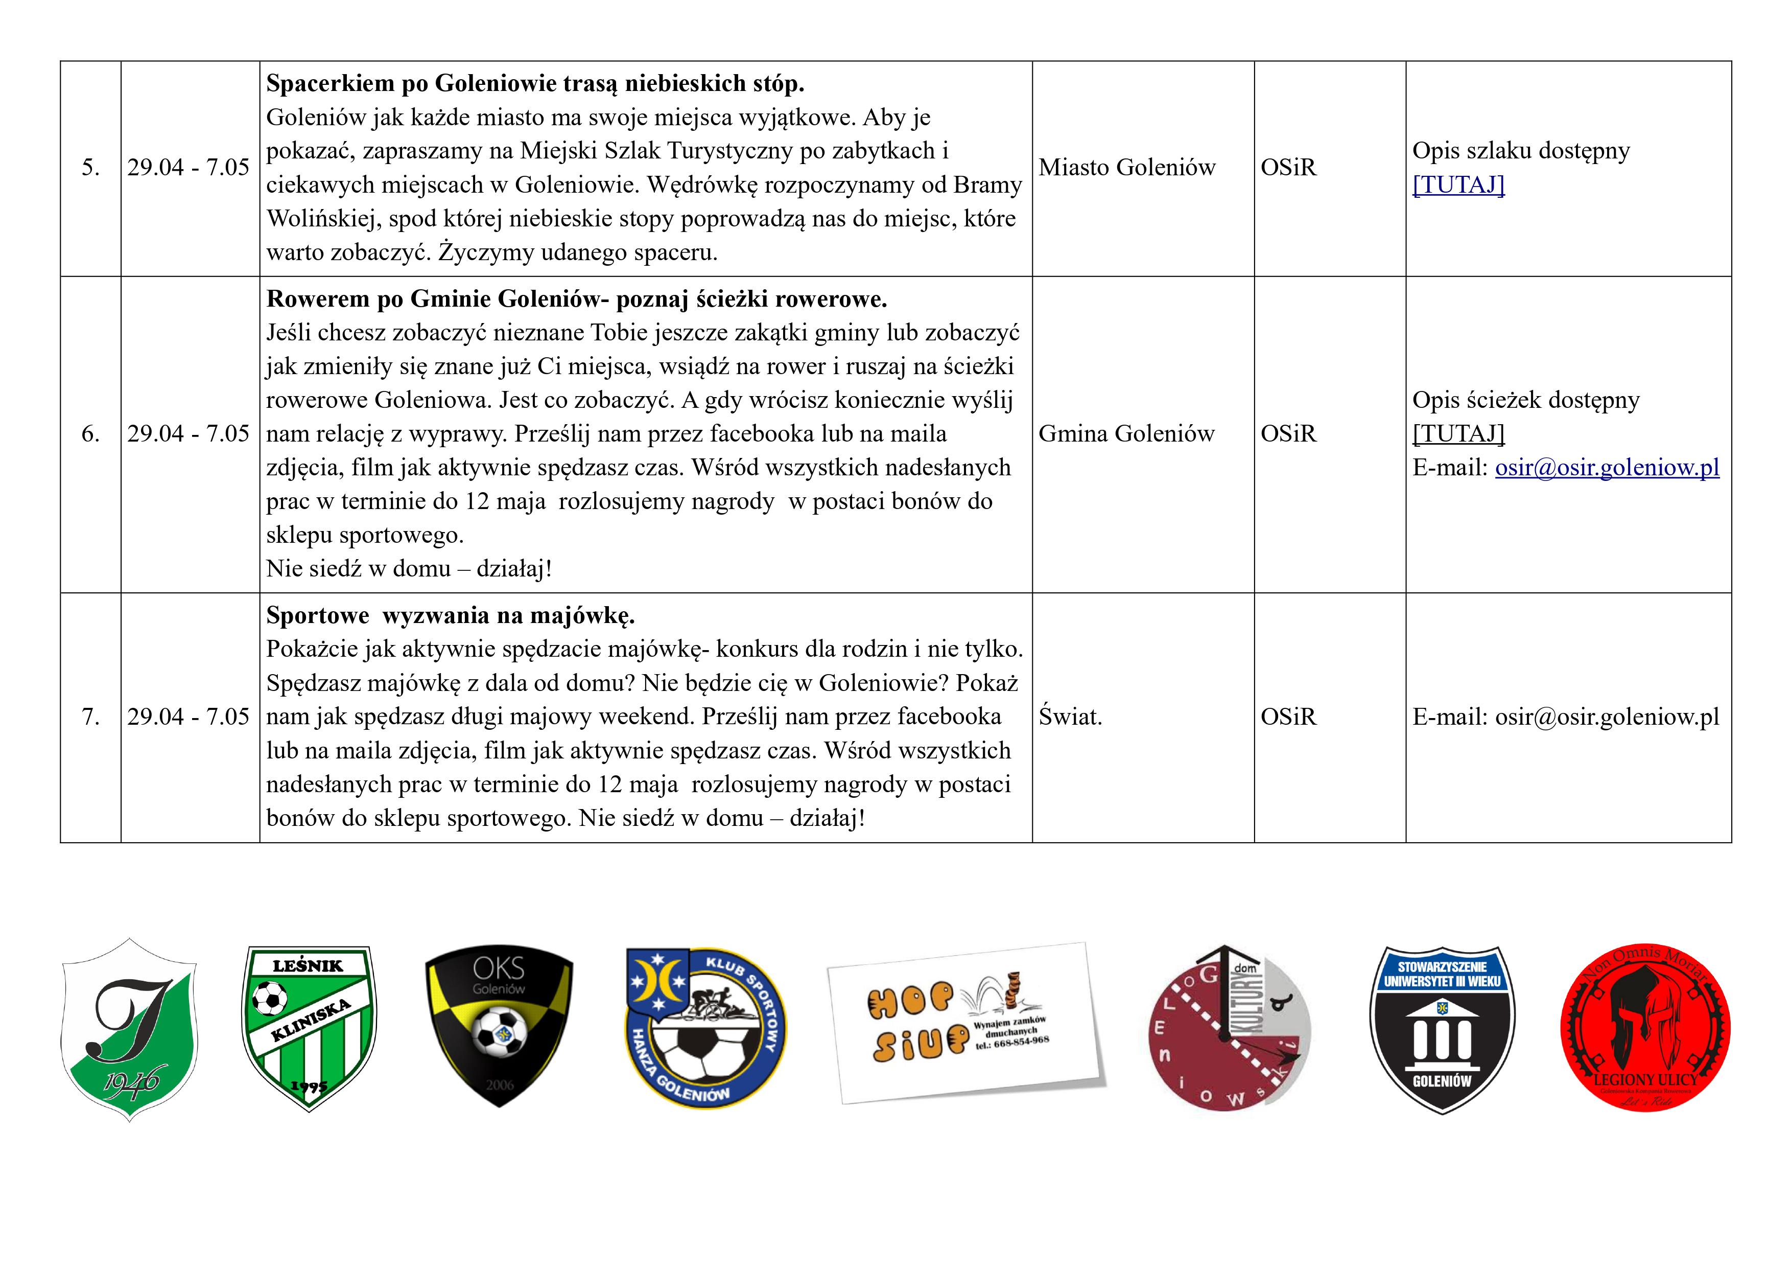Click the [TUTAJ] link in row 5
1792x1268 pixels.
(1458, 185)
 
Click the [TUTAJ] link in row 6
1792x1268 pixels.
(1458, 433)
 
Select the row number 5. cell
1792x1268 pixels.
(90, 168)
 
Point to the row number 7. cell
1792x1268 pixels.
(90, 717)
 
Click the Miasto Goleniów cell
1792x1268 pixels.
(1127, 168)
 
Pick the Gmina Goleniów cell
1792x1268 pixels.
(1126, 434)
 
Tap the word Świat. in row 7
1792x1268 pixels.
(1070, 717)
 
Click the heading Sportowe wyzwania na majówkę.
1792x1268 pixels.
(451, 616)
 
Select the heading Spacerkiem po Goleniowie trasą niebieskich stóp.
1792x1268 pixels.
(535, 83)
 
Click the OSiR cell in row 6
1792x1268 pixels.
(1289, 434)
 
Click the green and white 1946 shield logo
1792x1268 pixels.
(129, 1029)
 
